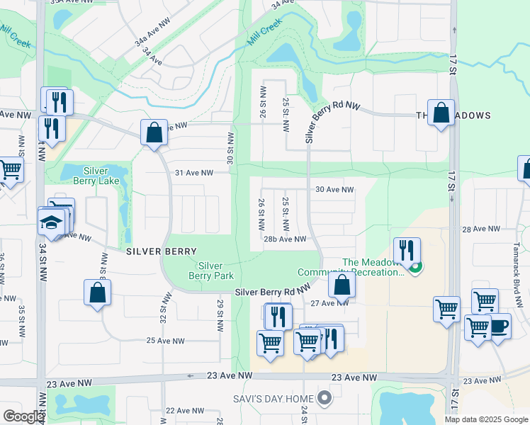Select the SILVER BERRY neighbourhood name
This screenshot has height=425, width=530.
157,251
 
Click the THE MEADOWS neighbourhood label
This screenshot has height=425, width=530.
453,115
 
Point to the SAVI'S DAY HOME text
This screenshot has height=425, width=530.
273,399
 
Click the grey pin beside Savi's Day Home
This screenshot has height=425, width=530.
325,398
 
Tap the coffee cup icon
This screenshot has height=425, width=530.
499,326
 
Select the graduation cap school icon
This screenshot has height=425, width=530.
51,222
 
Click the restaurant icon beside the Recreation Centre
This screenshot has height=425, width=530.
407,251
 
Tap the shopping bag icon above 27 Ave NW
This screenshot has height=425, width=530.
342,285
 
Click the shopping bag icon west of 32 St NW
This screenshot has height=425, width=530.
97,293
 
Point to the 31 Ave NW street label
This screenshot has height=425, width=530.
193,173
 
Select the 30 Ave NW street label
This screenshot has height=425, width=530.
334,190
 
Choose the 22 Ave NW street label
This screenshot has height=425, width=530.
184,411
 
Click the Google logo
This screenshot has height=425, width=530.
23,416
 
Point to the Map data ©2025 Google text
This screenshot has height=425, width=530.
485,419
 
